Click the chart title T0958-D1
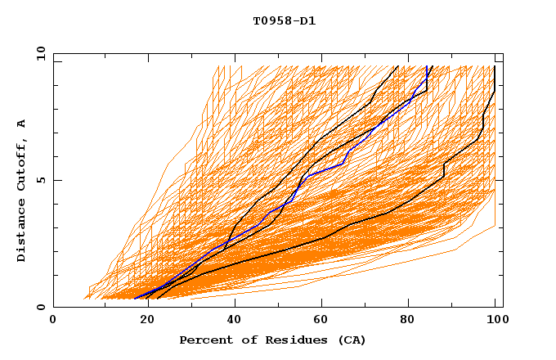pyautogui.click(x=284, y=21)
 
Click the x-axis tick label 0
pyautogui.click(x=53, y=321)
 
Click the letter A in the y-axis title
pyautogui.click(x=22, y=123)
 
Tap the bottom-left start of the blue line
pyautogui.click(x=135, y=299)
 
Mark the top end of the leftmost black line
pyautogui.click(x=398, y=66)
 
